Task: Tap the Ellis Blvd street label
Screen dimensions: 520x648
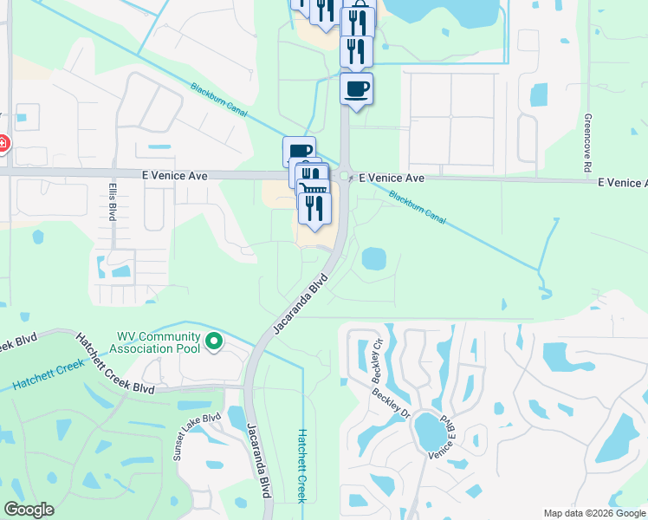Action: coord(113,201)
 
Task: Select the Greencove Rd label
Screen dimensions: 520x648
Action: coord(586,142)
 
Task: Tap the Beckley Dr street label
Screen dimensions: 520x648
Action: coord(391,402)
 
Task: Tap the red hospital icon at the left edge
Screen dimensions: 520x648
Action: coord(3,143)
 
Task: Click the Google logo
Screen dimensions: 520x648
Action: coord(29,510)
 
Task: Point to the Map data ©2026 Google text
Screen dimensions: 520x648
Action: coord(594,513)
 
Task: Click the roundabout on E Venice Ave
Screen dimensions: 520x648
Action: coord(345,176)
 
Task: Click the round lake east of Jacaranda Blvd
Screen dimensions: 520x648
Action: coord(373,258)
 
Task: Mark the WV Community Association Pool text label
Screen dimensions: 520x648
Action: coord(159,342)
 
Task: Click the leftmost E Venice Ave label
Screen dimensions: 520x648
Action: coord(175,175)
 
